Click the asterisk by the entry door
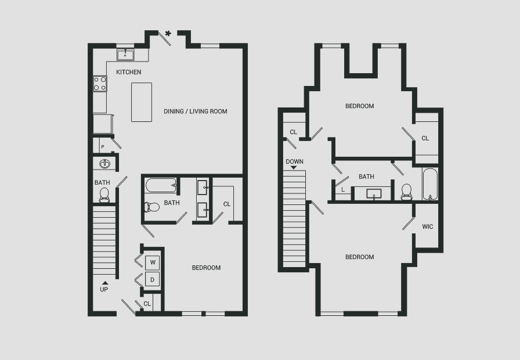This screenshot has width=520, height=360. [168, 34]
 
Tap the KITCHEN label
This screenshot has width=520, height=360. [129, 72]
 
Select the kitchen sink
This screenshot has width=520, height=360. [125, 55]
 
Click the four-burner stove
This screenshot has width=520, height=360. [100, 84]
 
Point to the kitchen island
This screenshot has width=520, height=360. [142, 102]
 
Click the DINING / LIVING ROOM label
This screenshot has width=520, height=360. [196, 111]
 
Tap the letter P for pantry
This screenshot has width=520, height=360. [103, 147]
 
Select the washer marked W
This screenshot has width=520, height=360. [153, 262]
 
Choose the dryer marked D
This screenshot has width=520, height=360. [153, 280]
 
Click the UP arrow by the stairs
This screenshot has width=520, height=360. [105, 283]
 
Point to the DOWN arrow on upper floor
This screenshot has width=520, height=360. [294, 168]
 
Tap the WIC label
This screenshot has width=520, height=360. [428, 226]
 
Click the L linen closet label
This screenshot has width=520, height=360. [343, 190]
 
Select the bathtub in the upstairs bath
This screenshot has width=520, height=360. [430, 184]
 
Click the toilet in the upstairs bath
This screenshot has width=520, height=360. [406, 192]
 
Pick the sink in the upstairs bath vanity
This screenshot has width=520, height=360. [374, 194]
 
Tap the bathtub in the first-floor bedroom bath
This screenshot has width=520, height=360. [161, 185]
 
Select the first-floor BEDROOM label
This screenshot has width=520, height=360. [206, 268]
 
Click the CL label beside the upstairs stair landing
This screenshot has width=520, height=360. [294, 132]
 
